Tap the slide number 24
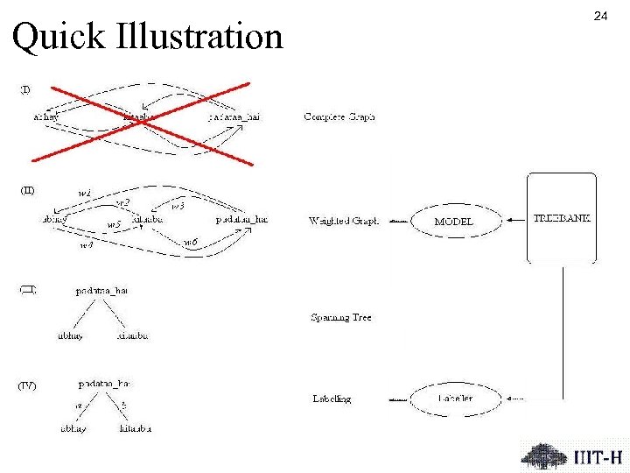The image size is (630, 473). (600, 16)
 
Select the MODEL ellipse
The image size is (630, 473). (453, 222)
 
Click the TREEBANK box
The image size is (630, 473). (562, 218)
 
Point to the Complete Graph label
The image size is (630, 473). (339, 116)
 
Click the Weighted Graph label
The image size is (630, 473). (344, 222)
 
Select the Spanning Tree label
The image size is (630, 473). (341, 318)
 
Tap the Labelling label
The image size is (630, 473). (332, 399)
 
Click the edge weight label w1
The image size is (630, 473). (85, 192)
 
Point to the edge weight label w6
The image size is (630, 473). (190, 242)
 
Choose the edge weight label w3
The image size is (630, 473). (178, 206)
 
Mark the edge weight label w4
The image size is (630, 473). (86, 246)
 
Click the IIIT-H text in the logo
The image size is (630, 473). (598, 457)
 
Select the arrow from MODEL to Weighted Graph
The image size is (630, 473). (398, 222)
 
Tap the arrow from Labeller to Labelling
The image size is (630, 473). (398, 399)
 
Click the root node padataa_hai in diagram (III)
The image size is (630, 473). (101, 290)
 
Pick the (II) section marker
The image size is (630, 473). (27, 190)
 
